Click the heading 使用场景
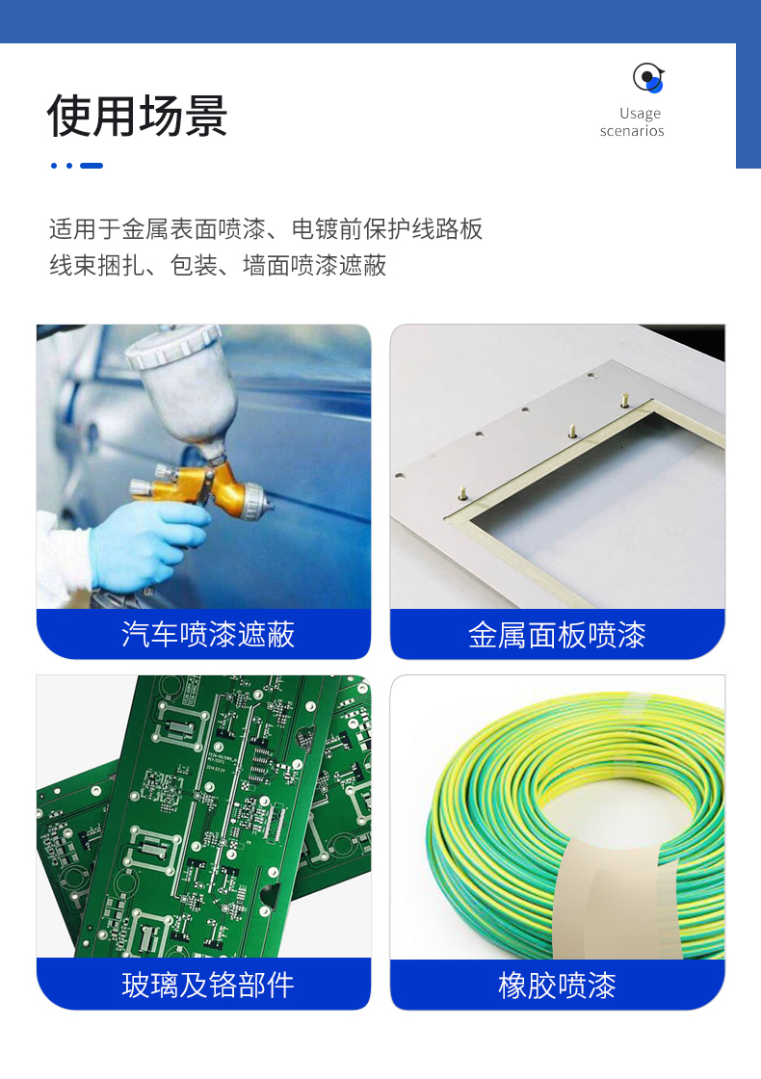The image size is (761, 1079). (x=137, y=115)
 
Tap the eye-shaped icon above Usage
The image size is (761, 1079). (x=648, y=77)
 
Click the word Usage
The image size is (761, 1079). (x=640, y=114)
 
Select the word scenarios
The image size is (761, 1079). (x=632, y=131)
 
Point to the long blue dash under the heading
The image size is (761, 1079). (x=92, y=166)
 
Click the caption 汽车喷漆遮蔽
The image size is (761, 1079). (x=208, y=634)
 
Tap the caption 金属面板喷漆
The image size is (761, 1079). (x=557, y=635)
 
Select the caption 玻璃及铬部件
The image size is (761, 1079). (x=208, y=985)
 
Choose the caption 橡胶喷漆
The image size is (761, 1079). (x=557, y=986)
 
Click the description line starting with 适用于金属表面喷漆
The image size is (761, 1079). (x=266, y=229)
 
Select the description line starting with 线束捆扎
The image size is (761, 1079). (x=218, y=266)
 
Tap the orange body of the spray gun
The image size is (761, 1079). (x=206, y=482)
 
